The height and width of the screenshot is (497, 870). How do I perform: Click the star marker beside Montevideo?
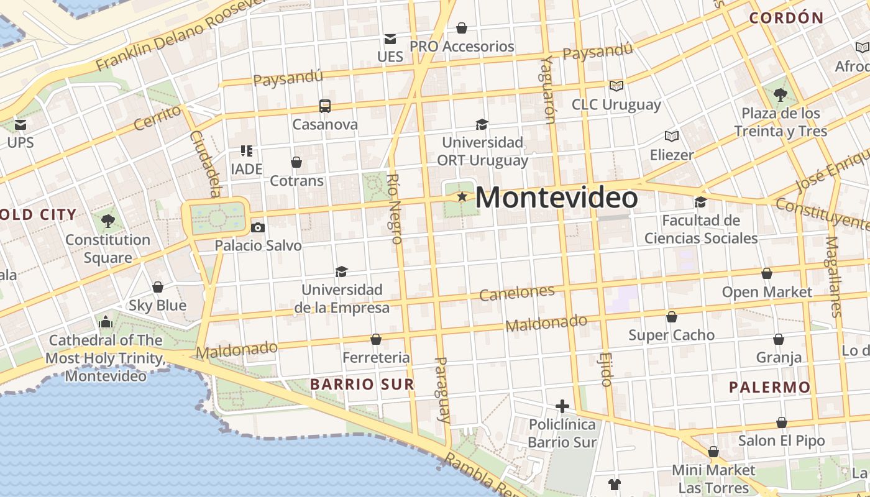tap(462, 197)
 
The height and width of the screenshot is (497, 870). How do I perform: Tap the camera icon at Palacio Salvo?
tap(258, 227)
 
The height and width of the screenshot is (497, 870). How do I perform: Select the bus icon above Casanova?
tap(325, 106)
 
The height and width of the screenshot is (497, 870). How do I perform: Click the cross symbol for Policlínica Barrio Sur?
tap(562, 406)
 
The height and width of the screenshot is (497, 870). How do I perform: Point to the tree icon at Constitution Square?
tap(108, 221)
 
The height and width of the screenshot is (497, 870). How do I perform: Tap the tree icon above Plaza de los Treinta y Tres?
tap(781, 95)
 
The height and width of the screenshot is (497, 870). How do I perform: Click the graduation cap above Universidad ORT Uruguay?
tap(482, 124)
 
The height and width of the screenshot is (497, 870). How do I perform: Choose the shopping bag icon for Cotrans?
tap(296, 162)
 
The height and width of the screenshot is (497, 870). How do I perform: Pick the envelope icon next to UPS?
tap(21, 124)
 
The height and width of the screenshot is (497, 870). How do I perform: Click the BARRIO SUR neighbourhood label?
tap(362, 385)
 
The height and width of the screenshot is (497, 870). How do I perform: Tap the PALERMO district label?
tap(770, 388)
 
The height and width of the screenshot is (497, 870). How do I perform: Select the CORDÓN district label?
tap(786, 18)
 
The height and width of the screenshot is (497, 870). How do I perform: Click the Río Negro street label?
tap(394, 208)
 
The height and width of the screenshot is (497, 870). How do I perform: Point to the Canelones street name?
tap(517, 293)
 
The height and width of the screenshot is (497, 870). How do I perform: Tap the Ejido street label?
tap(607, 369)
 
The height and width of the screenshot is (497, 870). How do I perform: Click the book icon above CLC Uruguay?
tap(616, 86)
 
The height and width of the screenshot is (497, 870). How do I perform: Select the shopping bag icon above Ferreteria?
tap(375, 339)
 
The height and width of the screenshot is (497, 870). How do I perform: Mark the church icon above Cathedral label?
tap(106, 322)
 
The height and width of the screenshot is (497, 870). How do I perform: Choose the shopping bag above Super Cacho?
tap(672, 317)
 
